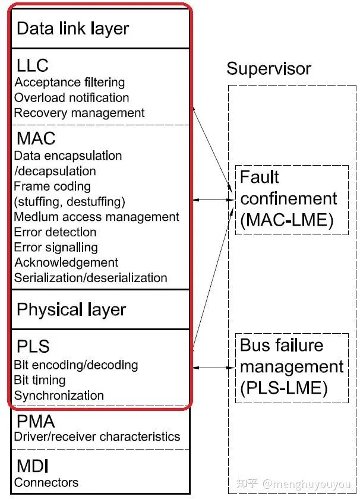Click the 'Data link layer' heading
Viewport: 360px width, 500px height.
coord(72,29)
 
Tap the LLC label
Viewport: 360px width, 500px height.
coord(33,65)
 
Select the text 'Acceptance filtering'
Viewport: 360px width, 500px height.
coord(70,82)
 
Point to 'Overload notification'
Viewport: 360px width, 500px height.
coord(71,97)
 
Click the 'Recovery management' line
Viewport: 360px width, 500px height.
coord(79,113)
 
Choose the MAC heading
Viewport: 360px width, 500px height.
coord(36,139)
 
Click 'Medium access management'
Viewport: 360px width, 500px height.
coord(96,217)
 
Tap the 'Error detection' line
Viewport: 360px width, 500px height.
coord(55,232)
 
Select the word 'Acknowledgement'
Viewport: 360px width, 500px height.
coord(66,262)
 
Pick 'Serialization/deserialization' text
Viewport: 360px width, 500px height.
coord(90,278)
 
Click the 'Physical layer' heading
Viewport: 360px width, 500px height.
coord(71,309)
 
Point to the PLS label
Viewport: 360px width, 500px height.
coord(33,346)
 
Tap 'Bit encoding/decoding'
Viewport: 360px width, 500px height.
coord(75,365)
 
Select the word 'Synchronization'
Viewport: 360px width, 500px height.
coord(59,395)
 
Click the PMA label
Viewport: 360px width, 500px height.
coord(36,422)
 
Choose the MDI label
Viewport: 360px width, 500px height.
coord(33,466)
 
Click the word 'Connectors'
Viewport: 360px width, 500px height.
coord(46,482)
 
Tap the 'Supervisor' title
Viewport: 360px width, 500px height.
coord(269,68)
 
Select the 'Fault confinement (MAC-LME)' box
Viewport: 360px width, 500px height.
coord(291,199)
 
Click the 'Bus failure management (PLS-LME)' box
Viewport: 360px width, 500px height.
coord(291,366)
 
